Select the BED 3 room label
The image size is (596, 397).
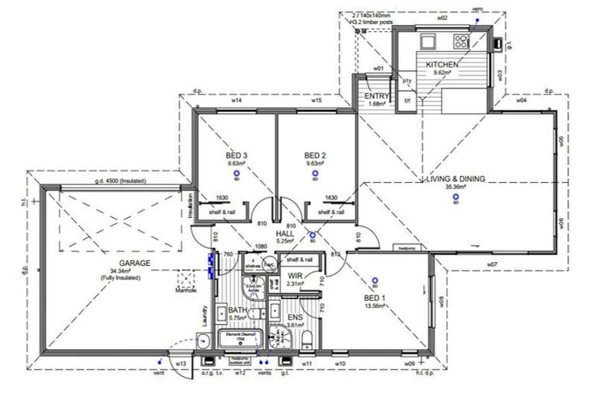pyautogui.click(x=237, y=156)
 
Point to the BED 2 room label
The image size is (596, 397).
pyautogui.click(x=314, y=156)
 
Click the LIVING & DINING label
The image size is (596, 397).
pyautogui.click(x=455, y=178)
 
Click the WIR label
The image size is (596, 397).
pyautogui.click(x=295, y=275)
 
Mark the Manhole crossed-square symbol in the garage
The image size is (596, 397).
pyautogui.click(x=186, y=280)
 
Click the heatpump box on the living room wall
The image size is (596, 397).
pyautogui.click(x=409, y=248)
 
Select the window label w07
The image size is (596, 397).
pyautogui.click(x=492, y=265)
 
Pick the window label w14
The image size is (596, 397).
pyautogui.click(x=236, y=101)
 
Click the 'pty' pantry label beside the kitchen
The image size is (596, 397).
pyautogui.click(x=406, y=81)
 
